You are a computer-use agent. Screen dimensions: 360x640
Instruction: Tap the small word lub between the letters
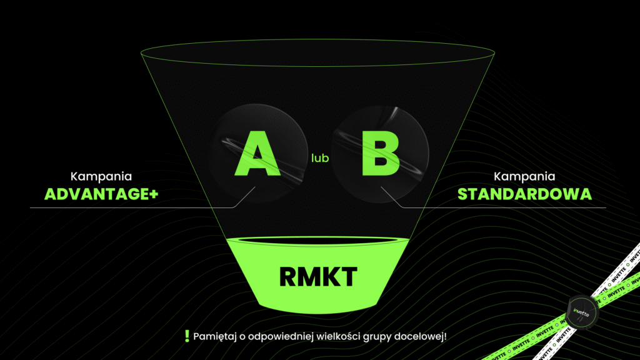point(320,159)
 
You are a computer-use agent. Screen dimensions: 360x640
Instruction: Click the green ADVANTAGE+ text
point(101,194)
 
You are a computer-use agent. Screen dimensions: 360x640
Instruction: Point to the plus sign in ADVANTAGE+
point(153,194)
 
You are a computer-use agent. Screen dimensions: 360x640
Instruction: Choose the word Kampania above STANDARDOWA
point(524,177)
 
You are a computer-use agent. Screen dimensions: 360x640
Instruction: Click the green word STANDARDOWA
point(524,194)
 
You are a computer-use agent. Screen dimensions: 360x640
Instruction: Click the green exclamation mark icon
point(187,336)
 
